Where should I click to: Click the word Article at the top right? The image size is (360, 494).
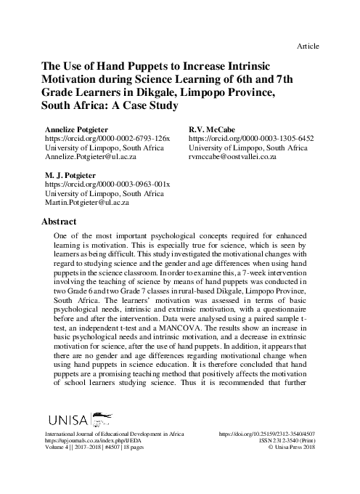pos(308,46)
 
